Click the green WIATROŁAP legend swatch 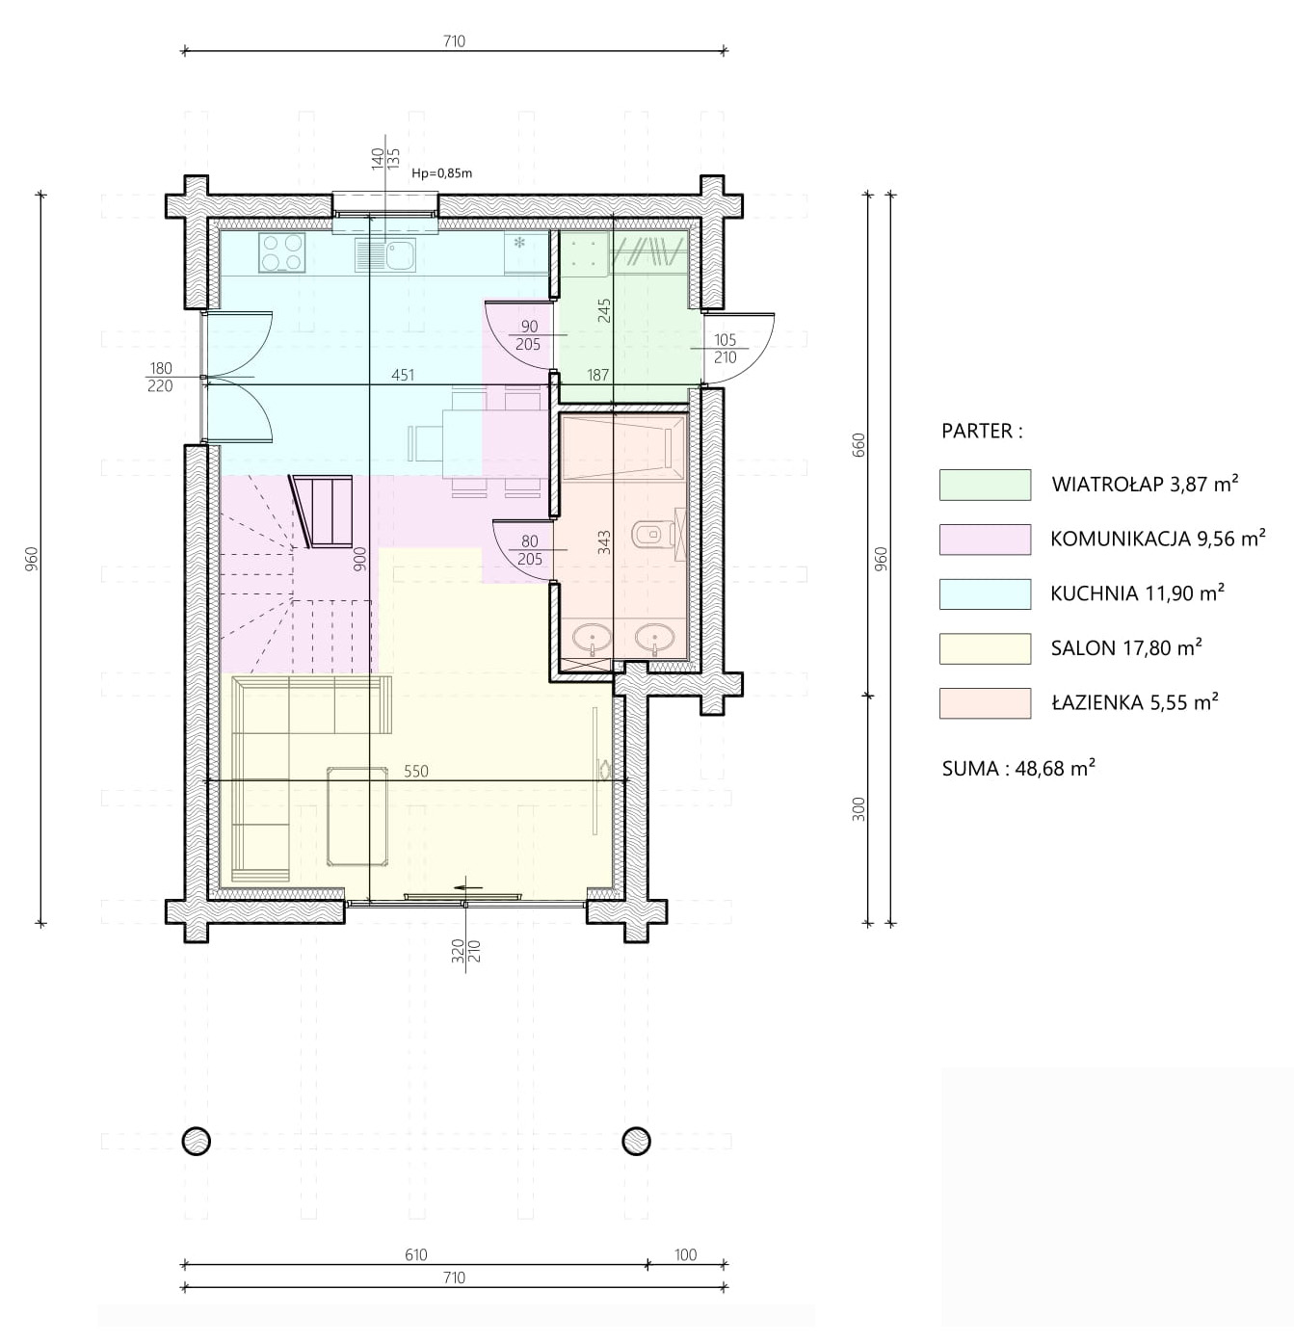tap(985, 485)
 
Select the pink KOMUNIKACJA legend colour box tap(985, 539)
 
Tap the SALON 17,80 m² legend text tap(1126, 648)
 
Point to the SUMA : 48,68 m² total tap(1018, 768)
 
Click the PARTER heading tap(982, 432)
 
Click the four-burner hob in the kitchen tap(282, 252)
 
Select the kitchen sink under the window tap(385, 254)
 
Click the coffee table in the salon tap(357, 815)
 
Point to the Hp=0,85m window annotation tap(441, 173)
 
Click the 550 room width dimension tap(416, 771)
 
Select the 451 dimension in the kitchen tap(403, 375)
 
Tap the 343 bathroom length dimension tap(604, 541)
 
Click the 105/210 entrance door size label tap(726, 349)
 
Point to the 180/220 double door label tap(160, 377)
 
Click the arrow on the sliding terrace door tap(469, 888)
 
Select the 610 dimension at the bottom tap(416, 1254)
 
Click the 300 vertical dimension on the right tap(858, 809)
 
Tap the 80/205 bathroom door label tap(530, 551)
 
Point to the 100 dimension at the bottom tap(685, 1254)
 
